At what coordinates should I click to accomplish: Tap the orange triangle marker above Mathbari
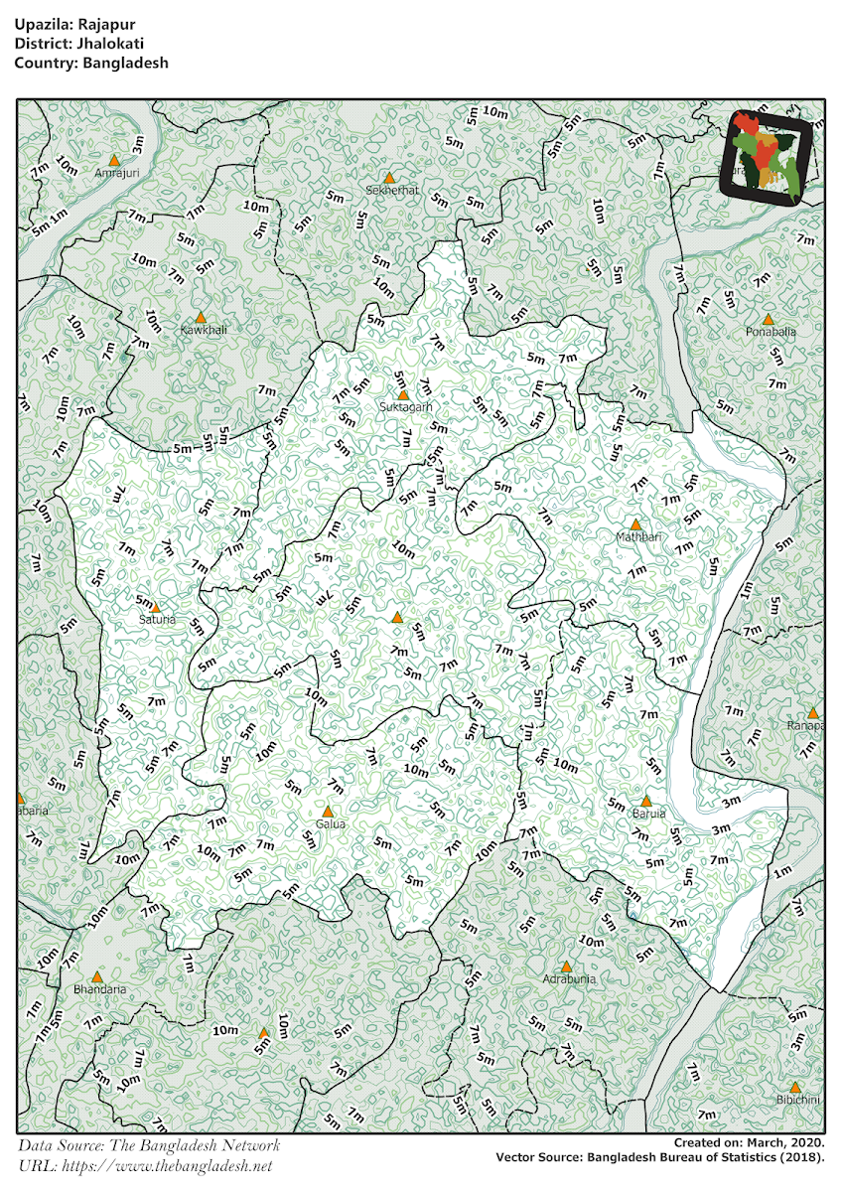coord(635,523)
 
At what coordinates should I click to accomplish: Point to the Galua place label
coord(330,824)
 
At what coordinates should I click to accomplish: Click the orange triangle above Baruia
coord(645,801)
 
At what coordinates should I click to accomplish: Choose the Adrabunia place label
coord(569,978)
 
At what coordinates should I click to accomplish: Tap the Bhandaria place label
coord(100,989)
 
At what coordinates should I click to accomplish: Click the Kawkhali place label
coord(204,329)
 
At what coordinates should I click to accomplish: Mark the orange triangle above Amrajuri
coord(114,160)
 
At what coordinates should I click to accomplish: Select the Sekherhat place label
coord(392,189)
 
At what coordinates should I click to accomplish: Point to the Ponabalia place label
coord(770,332)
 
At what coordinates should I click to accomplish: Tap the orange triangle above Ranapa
coord(813,713)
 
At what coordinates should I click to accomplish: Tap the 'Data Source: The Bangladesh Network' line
coord(149,1145)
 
